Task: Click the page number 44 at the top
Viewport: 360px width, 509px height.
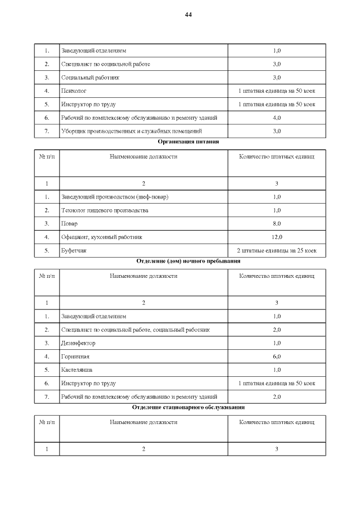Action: coord(188,15)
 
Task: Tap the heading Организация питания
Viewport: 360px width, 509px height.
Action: coord(188,142)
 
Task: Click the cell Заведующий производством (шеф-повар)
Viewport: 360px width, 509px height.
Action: coord(115,197)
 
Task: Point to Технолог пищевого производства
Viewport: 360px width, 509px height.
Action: coord(105,210)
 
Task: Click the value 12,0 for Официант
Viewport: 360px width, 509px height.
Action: coord(277,237)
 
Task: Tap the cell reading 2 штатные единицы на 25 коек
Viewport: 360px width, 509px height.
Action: coord(277,250)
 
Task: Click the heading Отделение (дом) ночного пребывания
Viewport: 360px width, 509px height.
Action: coord(188,261)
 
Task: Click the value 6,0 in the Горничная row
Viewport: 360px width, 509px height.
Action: coord(277,357)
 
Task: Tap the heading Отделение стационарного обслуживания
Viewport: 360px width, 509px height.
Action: coord(188,407)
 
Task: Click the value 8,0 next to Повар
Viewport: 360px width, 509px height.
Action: coord(277,224)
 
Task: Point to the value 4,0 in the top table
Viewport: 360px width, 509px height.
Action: coord(277,118)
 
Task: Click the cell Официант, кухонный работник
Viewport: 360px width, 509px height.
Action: coord(101,237)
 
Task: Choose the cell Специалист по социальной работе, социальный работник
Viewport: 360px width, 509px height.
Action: coord(136,330)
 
